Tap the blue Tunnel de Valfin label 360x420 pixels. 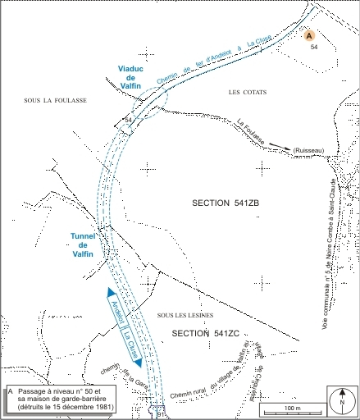click(85, 245)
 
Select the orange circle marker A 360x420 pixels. click(308, 37)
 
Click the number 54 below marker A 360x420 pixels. click(314, 48)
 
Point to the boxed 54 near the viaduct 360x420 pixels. click(128, 121)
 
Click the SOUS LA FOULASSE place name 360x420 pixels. click(56, 100)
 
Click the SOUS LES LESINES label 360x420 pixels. click(179, 316)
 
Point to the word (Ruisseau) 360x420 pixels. click(308, 150)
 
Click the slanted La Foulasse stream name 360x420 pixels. click(257, 135)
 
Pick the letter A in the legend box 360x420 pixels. click(11, 391)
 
